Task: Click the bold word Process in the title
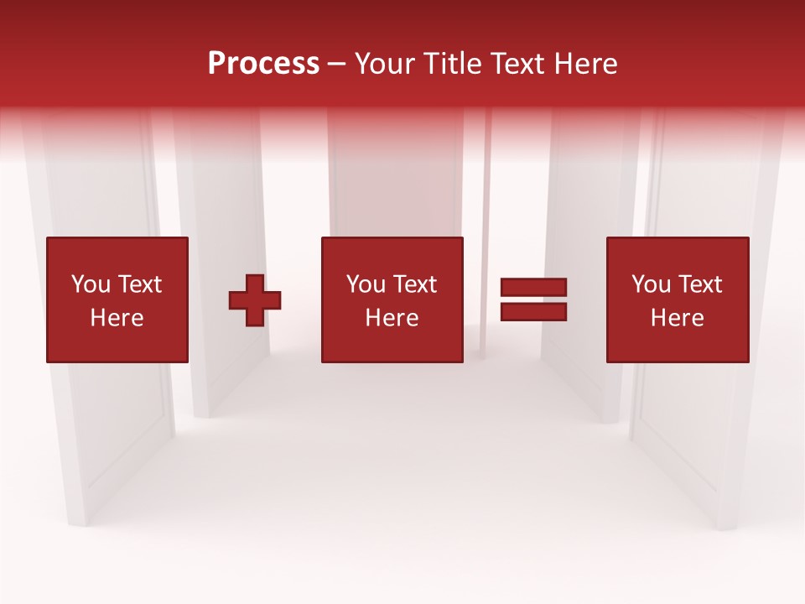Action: tap(263, 64)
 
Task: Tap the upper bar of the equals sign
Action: tap(533, 288)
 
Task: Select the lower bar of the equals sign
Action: tap(533, 312)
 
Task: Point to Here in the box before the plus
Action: tap(117, 318)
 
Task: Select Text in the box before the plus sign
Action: tap(138, 284)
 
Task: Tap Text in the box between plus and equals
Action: tap(413, 284)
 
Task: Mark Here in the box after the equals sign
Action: tap(677, 318)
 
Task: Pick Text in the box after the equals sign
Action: tap(699, 284)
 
